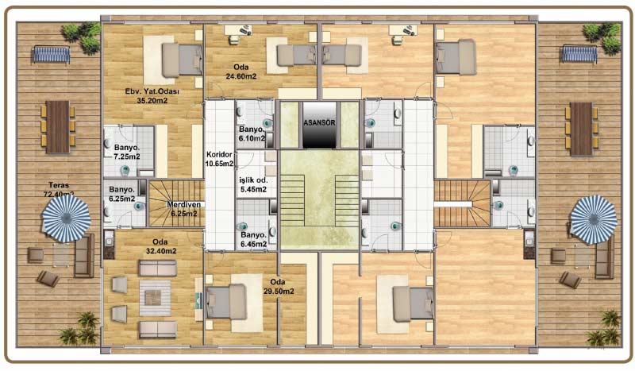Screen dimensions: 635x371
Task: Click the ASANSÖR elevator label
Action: pyautogui.click(x=320, y=122)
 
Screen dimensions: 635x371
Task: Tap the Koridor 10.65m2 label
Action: pyautogui.click(x=220, y=159)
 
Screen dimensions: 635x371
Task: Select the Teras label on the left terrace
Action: pyautogui.click(x=59, y=185)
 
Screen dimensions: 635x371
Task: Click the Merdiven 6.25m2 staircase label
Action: pyautogui.click(x=184, y=209)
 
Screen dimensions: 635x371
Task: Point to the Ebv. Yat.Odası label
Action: pyautogui.click(x=152, y=91)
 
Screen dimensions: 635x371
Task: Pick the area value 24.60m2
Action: pyautogui.click(x=241, y=76)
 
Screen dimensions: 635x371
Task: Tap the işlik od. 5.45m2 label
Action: pyautogui.click(x=253, y=184)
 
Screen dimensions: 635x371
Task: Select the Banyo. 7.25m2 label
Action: pyautogui.click(x=127, y=152)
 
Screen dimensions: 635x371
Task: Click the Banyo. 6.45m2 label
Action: pyautogui.click(x=254, y=239)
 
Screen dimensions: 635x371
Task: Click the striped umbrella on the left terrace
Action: pyautogui.click(x=67, y=218)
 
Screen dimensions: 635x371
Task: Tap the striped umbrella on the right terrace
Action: pyautogui.click(x=594, y=219)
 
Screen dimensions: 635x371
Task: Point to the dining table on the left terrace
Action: pyautogui.click(x=57, y=127)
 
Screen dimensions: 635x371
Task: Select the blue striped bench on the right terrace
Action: pyautogui.click(x=579, y=55)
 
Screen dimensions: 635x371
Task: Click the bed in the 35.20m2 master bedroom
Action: pyautogui.click(x=182, y=60)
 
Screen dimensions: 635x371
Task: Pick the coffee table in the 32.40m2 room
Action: pyautogui.click(x=155, y=298)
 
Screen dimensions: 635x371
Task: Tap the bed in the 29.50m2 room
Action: pyautogui.click(x=226, y=302)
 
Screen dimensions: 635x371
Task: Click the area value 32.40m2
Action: pyautogui.click(x=161, y=251)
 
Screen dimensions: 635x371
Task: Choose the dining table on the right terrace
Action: pyautogui.click(x=582, y=129)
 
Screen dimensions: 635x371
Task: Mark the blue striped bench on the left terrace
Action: pyautogui.click(x=52, y=55)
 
